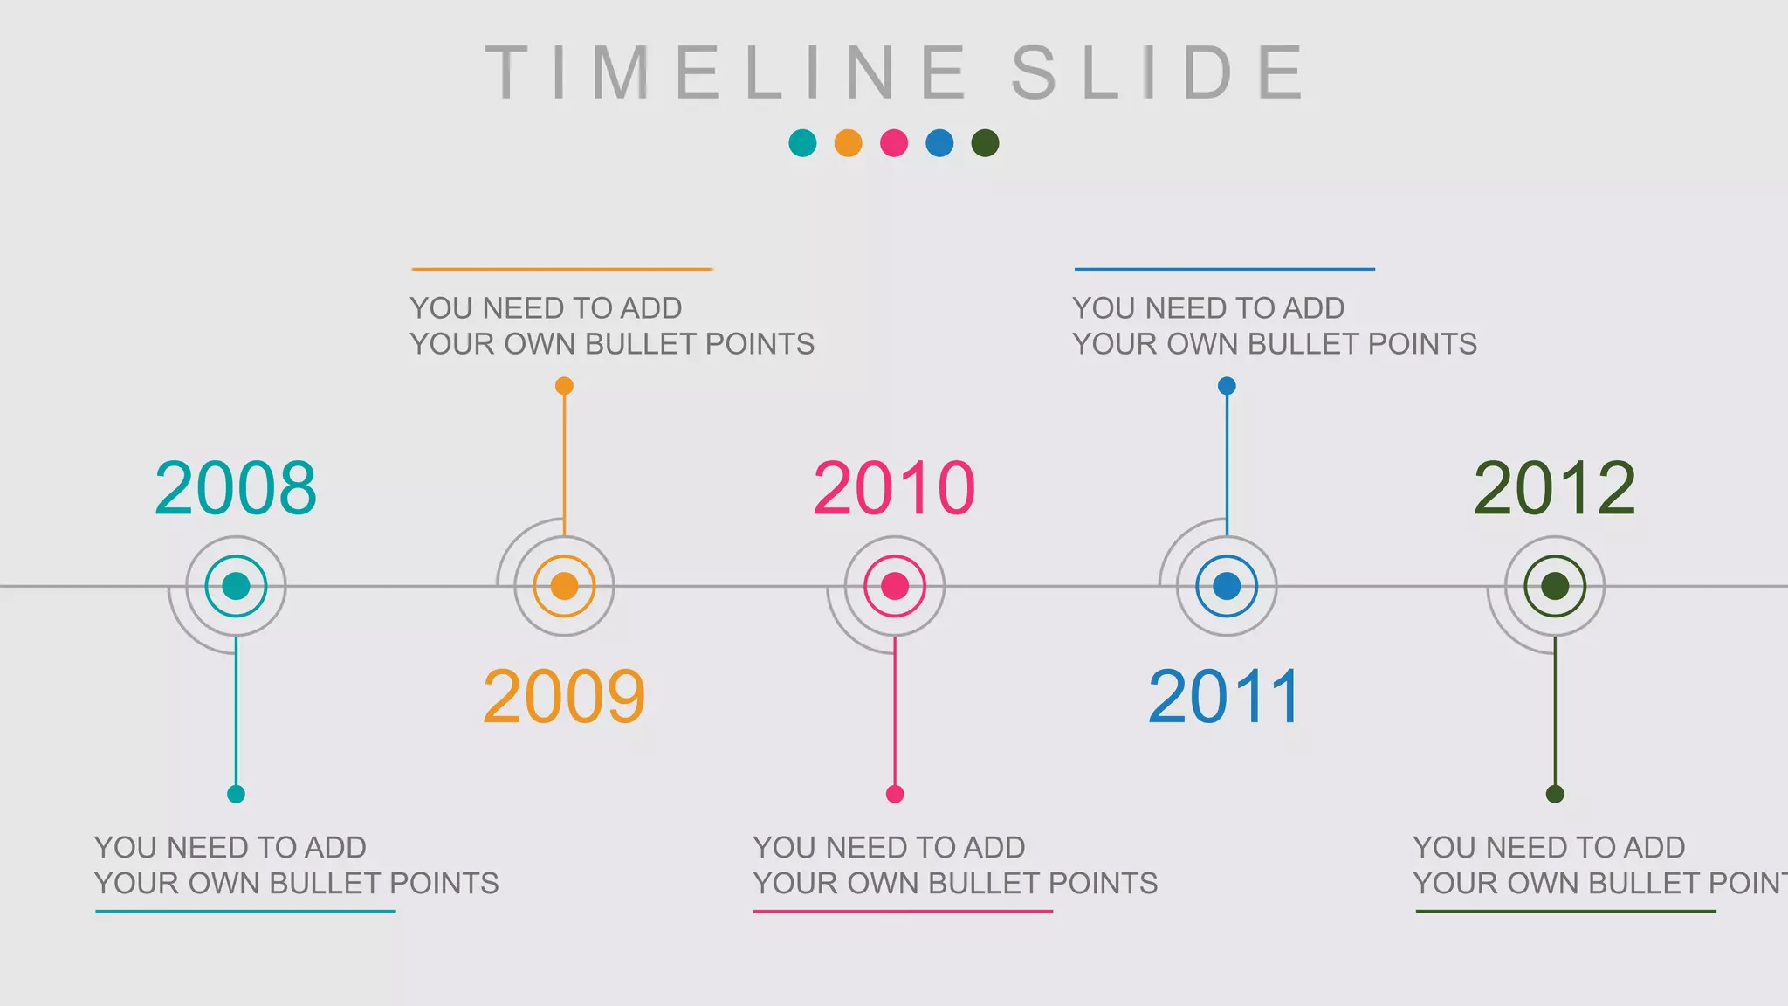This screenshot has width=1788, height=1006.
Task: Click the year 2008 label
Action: pyautogui.click(x=236, y=488)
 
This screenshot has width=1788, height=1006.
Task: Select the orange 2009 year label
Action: pyautogui.click(x=564, y=697)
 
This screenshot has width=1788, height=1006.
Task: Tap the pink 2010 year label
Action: pyautogui.click(x=894, y=488)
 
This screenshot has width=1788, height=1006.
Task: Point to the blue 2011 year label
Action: pyautogui.click(x=1224, y=697)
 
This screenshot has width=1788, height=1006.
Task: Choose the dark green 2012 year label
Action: pyautogui.click(x=1554, y=488)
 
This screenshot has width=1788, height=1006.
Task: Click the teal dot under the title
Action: pyautogui.click(x=802, y=143)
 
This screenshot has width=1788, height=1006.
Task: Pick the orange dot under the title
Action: pyautogui.click(x=848, y=143)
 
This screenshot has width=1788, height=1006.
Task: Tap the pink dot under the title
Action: pyautogui.click(x=894, y=143)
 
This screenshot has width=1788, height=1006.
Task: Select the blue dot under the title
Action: pyautogui.click(x=939, y=143)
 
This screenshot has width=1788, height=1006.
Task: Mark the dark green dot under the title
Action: pyautogui.click(x=985, y=143)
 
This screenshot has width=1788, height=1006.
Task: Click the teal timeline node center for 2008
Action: pyautogui.click(x=236, y=586)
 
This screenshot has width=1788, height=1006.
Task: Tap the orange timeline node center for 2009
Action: pyautogui.click(x=564, y=586)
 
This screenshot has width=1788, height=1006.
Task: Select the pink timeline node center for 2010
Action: pyautogui.click(x=895, y=586)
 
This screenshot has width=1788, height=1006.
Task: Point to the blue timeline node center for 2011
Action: pyautogui.click(x=1227, y=586)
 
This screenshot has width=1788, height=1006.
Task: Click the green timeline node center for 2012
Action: pyautogui.click(x=1555, y=586)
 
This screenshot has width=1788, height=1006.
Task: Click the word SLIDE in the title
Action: pyautogui.click(x=1158, y=72)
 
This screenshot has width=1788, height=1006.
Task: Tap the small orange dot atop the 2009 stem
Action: pyautogui.click(x=564, y=386)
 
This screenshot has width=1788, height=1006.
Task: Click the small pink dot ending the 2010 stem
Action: pyautogui.click(x=895, y=794)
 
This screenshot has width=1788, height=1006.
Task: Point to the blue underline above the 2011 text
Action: pyautogui.click(x=1224, y=269)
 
